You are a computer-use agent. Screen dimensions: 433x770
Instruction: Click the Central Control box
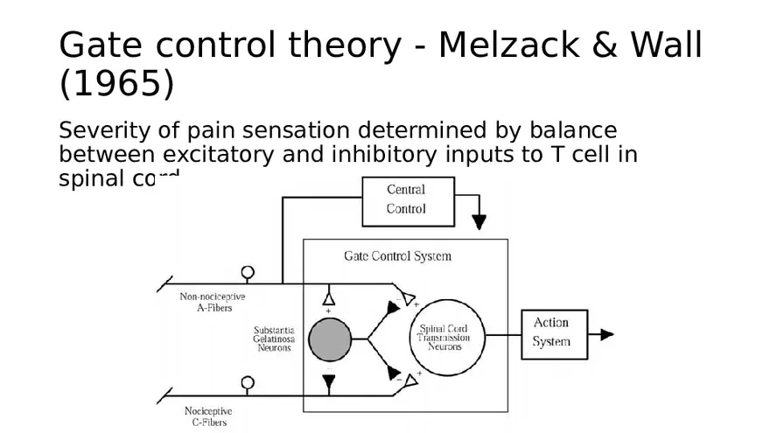tap(407, 200)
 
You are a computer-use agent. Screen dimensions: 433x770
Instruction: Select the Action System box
tap(554, 333)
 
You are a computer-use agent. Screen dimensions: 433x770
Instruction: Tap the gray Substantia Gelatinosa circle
tap(329, 339)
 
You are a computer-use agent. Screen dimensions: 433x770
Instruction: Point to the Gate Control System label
tap(397, 256)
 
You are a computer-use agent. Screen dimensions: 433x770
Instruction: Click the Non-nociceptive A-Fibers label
tap(213, 303)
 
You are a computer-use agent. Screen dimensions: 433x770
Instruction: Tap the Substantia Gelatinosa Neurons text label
tap(274, 339)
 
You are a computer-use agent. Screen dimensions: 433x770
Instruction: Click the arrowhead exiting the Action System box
tap(606, 334)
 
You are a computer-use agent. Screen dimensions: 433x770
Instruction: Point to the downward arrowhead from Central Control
tap(479, 223)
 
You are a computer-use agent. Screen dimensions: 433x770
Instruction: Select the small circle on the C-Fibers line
tap(248, 383)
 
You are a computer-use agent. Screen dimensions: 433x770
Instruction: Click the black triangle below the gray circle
tap(328, 381)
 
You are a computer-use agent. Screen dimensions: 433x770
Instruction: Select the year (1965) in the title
tap(116, 85)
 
